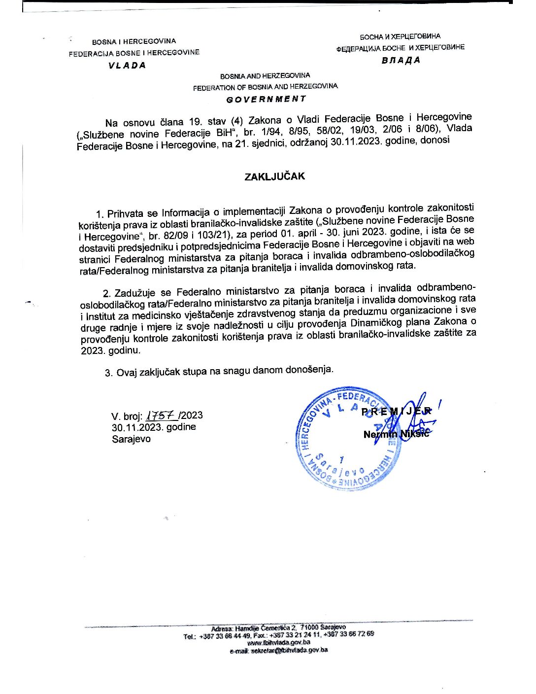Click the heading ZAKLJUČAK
[274, 176]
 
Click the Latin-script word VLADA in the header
[128, 65]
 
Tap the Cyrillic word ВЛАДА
[401, 61]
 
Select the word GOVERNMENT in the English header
[266, 99]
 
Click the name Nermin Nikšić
[396, 434]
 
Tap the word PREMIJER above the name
[397, 412]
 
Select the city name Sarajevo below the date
[131, 439]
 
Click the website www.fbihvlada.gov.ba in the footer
[278, 642]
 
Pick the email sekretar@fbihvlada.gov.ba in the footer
[278, 650]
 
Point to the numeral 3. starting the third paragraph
[109, 373]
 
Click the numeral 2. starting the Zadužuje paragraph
[106, 293]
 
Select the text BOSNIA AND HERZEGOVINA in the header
[265, 76]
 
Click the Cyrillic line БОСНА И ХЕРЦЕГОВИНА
[400, 36]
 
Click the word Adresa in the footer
[222, 628]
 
